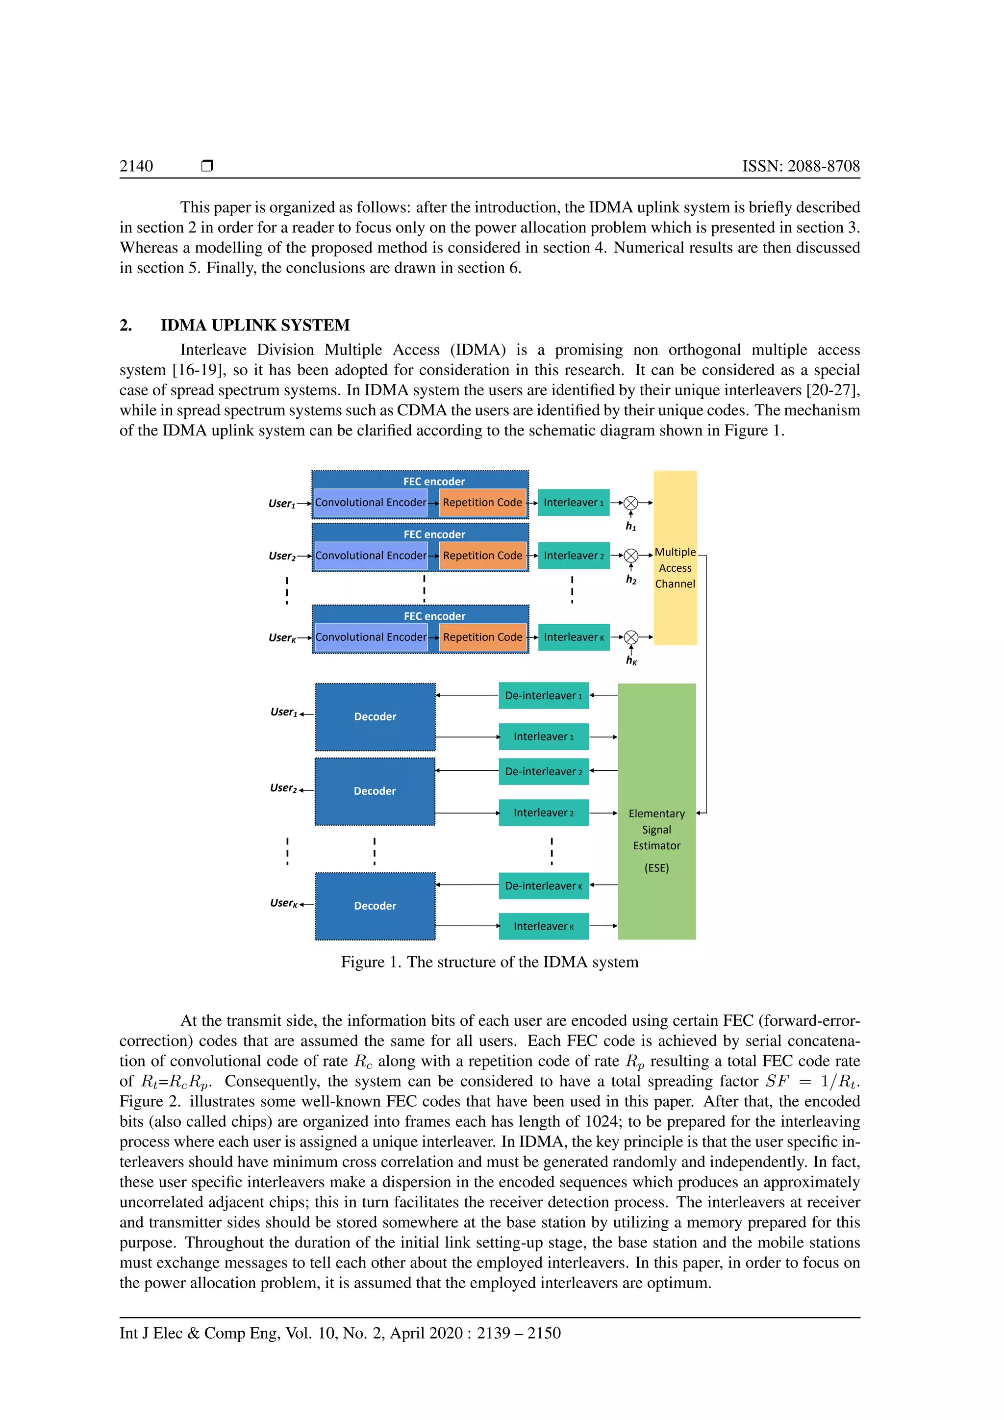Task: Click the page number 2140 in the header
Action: (x=136, y=166)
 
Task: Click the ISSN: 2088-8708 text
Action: (x=801, y=166)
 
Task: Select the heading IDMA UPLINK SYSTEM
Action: (x=255, y=325)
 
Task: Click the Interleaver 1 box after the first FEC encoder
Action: (x=573, y=503)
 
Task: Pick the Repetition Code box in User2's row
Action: (x=482, y=556)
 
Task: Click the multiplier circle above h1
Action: (x=630, y=503)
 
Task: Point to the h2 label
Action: (x=630, y=580)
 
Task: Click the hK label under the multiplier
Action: (x=630, y=660)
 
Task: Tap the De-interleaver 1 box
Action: (x=543, y=696)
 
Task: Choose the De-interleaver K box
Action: (x=543, y=886)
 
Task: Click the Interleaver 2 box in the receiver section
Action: (x=543, y=812)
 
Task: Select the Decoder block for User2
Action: (x=375, y=791)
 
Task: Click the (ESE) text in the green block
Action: (x=656, y=868)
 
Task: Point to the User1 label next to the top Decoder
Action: (x=283, y=712)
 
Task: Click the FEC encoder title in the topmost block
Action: (x=433, y=481)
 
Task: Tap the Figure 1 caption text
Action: (x=489, y=962)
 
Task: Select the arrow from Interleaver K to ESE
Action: (x=603, y=926)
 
